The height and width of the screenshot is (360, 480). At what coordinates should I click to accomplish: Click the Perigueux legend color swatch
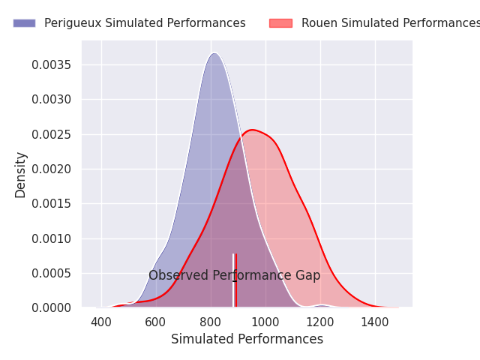coord(24,23)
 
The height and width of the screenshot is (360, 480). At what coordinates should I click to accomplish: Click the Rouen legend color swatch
coord(280,23)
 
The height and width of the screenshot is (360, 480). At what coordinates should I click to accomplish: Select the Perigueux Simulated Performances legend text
coord(145,23)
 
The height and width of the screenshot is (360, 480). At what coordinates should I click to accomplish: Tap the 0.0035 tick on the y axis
coord(52,64)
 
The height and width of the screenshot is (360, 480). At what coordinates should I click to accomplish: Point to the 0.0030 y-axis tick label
coord(52,99)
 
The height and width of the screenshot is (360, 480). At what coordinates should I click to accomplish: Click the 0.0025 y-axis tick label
coord(52,134)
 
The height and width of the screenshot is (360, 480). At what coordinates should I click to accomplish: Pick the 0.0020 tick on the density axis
coord(52,169)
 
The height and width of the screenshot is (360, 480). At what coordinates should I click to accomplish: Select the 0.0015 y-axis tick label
coord(52,203)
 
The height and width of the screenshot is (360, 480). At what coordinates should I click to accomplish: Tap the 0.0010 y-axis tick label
coord(52,238)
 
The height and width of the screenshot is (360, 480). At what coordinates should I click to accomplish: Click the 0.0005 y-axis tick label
coord(52,273)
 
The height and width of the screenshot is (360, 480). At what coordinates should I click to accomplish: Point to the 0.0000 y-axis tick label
coord(52,307)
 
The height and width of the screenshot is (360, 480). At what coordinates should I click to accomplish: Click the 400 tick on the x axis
coord(101,322)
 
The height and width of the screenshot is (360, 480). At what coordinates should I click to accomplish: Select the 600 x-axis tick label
coord(156,322)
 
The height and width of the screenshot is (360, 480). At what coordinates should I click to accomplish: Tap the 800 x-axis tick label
coord(211,322)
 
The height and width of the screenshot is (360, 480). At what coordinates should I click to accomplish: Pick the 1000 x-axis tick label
coord(265,322)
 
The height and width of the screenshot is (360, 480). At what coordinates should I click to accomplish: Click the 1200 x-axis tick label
coord(320,322)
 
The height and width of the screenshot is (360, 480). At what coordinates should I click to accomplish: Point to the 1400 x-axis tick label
coord(375,322)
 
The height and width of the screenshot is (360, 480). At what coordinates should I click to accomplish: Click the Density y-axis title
coord(21,175)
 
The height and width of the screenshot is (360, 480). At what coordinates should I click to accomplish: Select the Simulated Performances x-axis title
coord(247,339)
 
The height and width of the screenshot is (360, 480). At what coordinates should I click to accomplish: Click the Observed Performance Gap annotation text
coord(234,275)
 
